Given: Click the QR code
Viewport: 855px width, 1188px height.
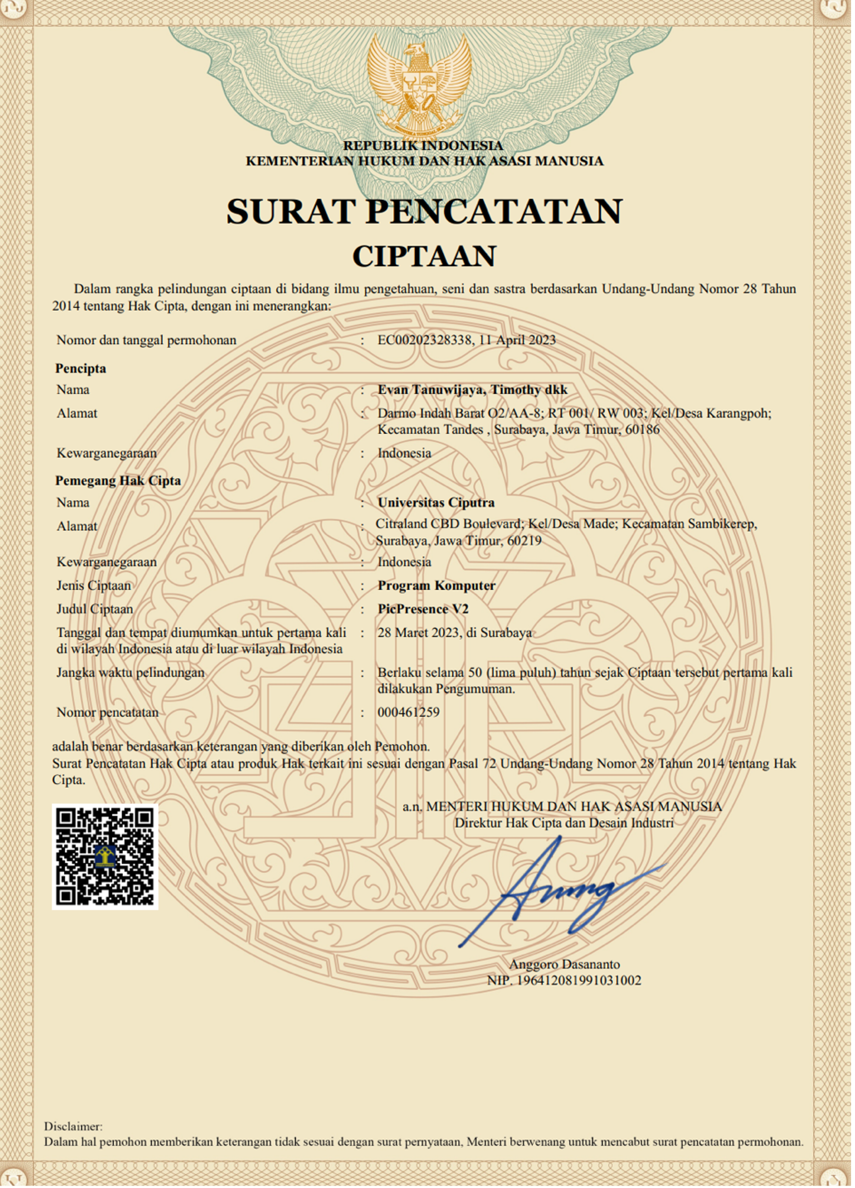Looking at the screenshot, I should [105, 857].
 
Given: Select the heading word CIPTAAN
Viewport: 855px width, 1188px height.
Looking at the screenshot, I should [424, 256].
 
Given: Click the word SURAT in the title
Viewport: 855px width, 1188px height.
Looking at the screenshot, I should [291, 212].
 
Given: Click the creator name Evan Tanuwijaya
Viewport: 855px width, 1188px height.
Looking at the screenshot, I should [432, 390].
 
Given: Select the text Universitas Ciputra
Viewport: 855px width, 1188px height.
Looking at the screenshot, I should [436, 502].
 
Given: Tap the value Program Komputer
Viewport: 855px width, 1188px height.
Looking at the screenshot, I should [437, 585].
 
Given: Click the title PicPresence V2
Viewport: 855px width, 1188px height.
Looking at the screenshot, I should [423, 609].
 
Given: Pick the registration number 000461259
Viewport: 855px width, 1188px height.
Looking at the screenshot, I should [409, 712].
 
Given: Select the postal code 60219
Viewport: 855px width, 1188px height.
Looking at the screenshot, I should [524, 540].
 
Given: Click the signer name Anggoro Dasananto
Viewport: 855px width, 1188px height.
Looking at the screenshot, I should [564, 964].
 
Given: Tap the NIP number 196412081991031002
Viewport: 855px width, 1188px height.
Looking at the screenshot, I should [579, 980].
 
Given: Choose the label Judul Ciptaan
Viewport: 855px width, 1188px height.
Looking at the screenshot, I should [95, 609].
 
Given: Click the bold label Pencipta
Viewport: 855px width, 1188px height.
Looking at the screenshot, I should [81, 368].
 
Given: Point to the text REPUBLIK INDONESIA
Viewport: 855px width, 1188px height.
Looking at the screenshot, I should [423, 146].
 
